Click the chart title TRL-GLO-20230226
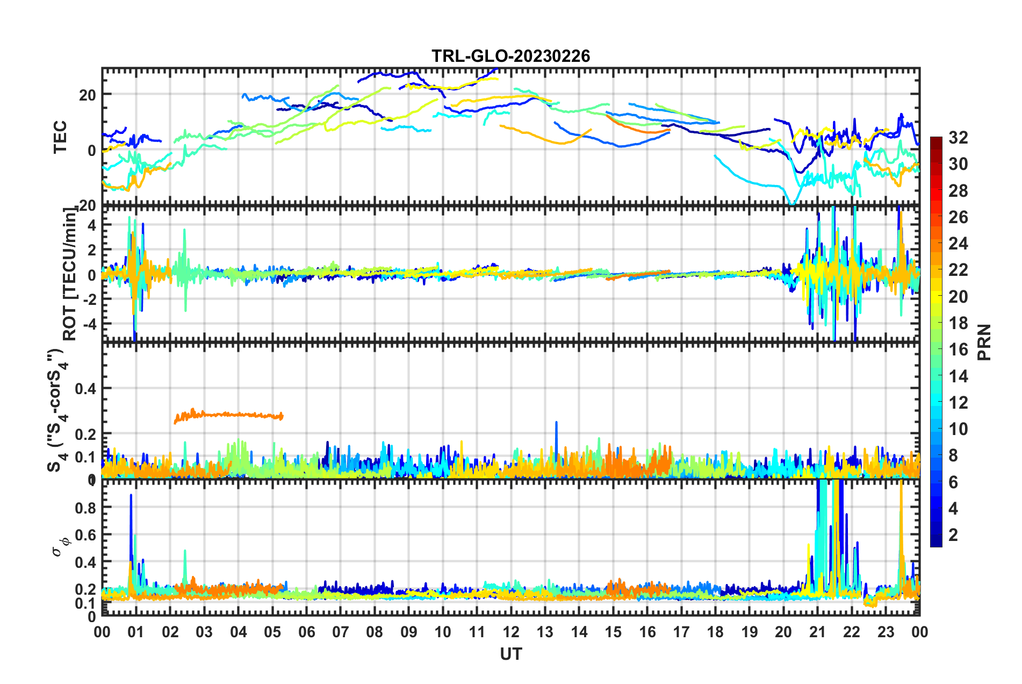click(510, 56)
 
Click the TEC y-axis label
click(60, 137)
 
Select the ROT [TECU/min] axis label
click(70, 274)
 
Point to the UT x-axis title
click(510, 654)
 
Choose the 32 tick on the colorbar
click(958, 138)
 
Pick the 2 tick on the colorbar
click(953, 535)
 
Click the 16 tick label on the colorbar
click(958, 350)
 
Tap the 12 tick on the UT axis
click(511, 632)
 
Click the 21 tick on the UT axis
click(817, 632)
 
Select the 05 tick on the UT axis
click(272, 632)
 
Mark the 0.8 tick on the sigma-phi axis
click(85, 508)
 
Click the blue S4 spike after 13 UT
click(556, 423)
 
